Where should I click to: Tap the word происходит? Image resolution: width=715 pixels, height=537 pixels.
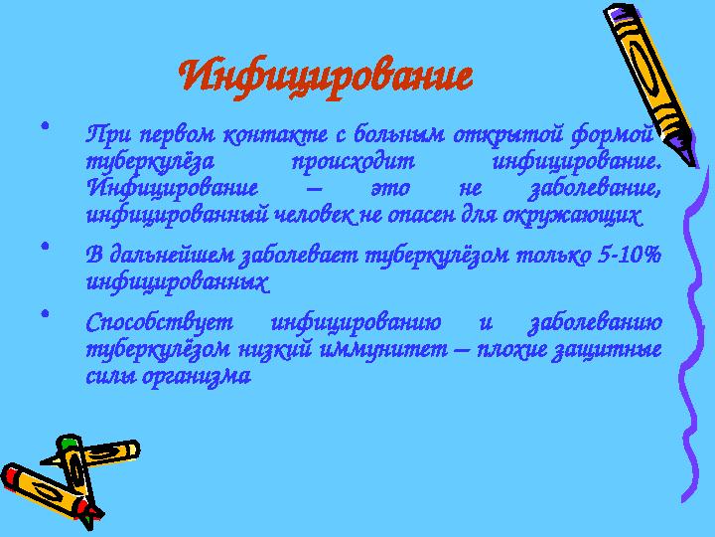[x=354, y=161]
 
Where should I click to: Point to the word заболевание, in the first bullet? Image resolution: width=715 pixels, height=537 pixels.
[x=595, y=188]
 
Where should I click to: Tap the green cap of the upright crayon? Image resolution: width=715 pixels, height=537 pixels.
[x=69, y=443]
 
